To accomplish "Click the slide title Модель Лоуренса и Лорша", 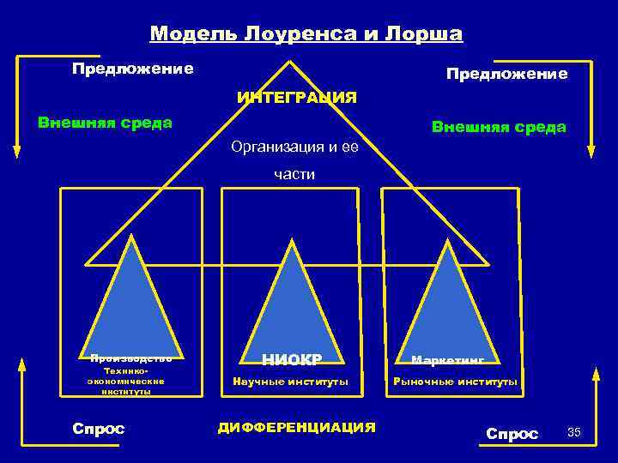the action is coord(306,34).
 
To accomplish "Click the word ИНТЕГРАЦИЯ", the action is coord(297,97).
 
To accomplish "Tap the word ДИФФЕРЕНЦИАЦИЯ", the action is coord(297,426).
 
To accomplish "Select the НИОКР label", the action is coord(292,360).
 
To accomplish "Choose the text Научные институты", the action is coord(292,382).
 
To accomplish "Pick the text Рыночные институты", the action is coord(455,382).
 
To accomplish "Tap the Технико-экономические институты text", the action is coord(126,380).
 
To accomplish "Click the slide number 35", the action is coord(574,432).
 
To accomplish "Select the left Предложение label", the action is coord(132,68).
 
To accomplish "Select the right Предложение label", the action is coord(506,75).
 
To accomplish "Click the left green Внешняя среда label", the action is coord(105,122).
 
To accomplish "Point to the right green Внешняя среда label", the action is coord(499,128).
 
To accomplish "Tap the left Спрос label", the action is coord(98,429).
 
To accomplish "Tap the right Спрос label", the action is coord(512,434).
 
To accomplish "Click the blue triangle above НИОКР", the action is coord(293,300).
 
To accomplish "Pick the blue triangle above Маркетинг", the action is coord(446,300).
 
